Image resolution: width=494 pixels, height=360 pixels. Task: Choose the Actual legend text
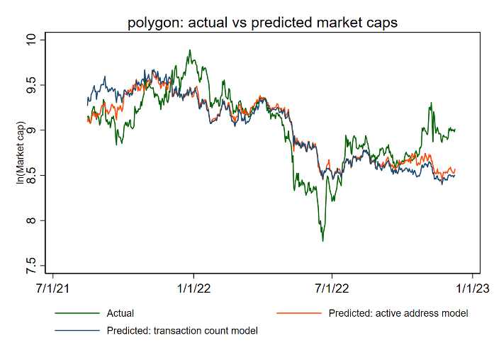tap(120, 313)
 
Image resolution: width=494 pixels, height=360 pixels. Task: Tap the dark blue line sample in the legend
tap(77, 330)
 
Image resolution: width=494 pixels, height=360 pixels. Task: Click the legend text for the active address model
tap(398, 313)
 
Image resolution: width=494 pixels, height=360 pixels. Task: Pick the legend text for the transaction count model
tap(182, 330)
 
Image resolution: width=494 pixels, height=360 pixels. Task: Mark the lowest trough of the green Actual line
tap(323, 241)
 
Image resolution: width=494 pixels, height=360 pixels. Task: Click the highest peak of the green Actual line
tap(190, 50)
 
